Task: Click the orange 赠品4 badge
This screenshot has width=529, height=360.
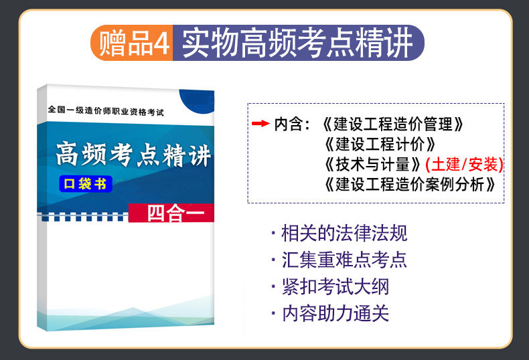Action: click(132, 43)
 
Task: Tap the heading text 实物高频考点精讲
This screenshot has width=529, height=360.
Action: click(297, 43)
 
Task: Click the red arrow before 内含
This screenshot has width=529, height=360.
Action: click(260, 124)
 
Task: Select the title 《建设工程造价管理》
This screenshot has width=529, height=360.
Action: click(392, 124)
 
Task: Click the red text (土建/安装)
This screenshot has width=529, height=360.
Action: click(464, 165)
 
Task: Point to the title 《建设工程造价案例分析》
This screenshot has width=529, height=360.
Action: click(410, 185)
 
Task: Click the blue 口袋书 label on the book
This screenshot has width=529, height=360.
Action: click(86, 184)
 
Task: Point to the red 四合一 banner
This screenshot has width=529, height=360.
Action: click(171, 213)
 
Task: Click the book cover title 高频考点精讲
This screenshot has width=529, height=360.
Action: click(134, 155)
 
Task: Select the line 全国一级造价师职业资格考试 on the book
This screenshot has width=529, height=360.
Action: click(106, 110)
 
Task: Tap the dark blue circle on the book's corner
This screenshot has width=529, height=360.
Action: click(198, 101)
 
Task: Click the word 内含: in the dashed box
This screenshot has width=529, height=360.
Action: click(292, 124)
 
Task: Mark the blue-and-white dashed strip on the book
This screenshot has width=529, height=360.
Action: click(82, 217)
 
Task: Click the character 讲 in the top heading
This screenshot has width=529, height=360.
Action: click(399, 43)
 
